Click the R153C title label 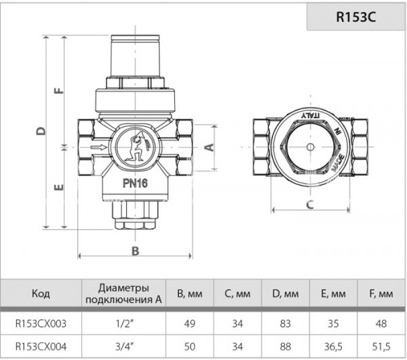pos(356,17)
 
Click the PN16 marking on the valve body pos(137,182)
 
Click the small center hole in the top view pos(309,146)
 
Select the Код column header pos(41,294)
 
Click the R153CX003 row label pos(41,321)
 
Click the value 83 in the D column pos(286,321)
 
